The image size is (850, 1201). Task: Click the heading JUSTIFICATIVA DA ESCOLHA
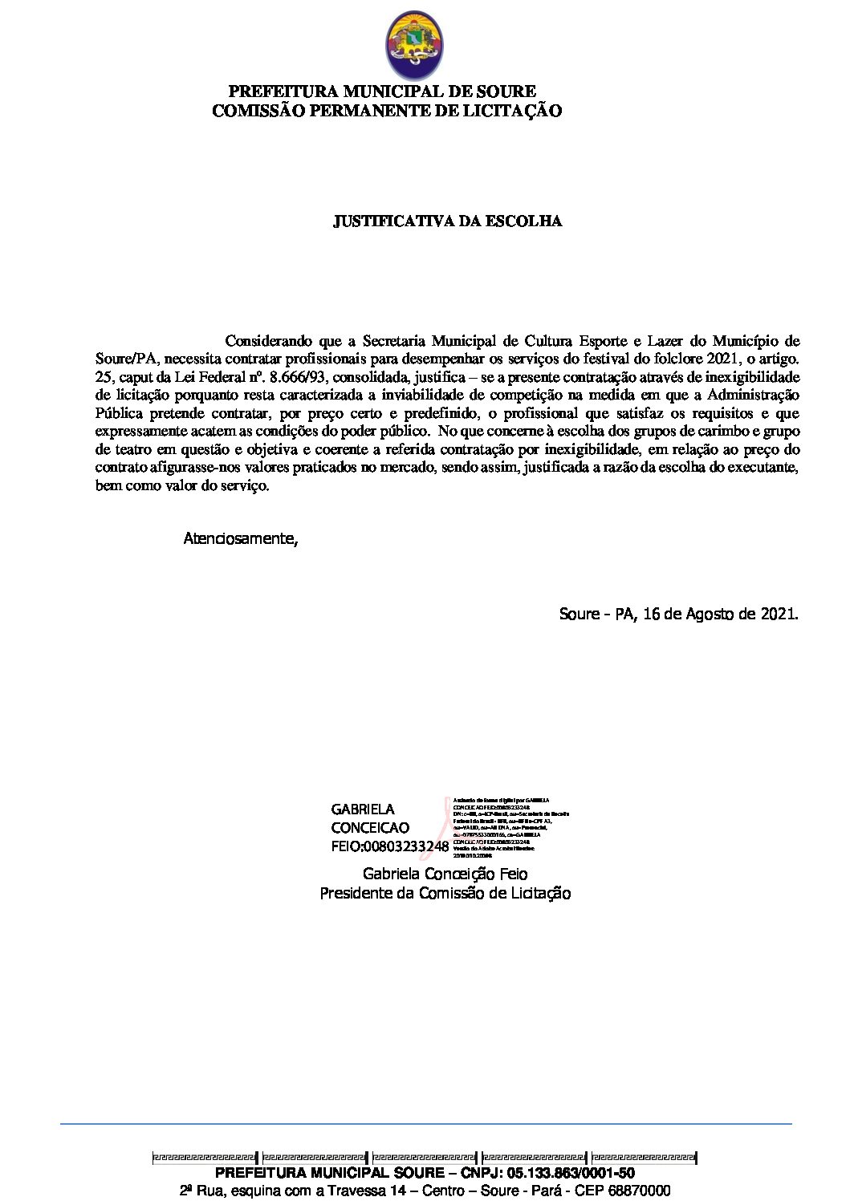(447, 221)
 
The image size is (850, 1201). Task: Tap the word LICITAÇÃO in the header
(513, 111)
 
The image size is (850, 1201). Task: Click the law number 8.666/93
(306, 377)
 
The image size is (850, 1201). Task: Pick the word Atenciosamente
(240, 538)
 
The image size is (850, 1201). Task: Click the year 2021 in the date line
(778, 615)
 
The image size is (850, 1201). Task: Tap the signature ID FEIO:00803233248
(389, 846)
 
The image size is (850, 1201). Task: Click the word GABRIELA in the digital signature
(363, 809)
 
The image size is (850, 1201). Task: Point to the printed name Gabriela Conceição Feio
(445, 874)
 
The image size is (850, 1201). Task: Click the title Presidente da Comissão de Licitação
(445, 893)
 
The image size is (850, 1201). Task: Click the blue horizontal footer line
(425, 1124)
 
